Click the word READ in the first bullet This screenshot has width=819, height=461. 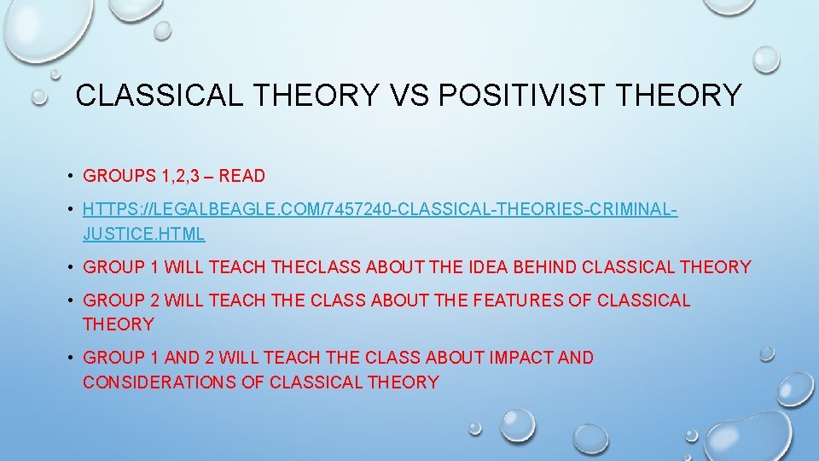pos(242,177)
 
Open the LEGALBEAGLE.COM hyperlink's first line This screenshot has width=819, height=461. pos(380,210)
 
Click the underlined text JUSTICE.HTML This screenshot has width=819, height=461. pos(143,233)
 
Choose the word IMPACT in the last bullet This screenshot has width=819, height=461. pos(521,358)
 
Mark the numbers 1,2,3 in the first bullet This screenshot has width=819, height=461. pos(183,177)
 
